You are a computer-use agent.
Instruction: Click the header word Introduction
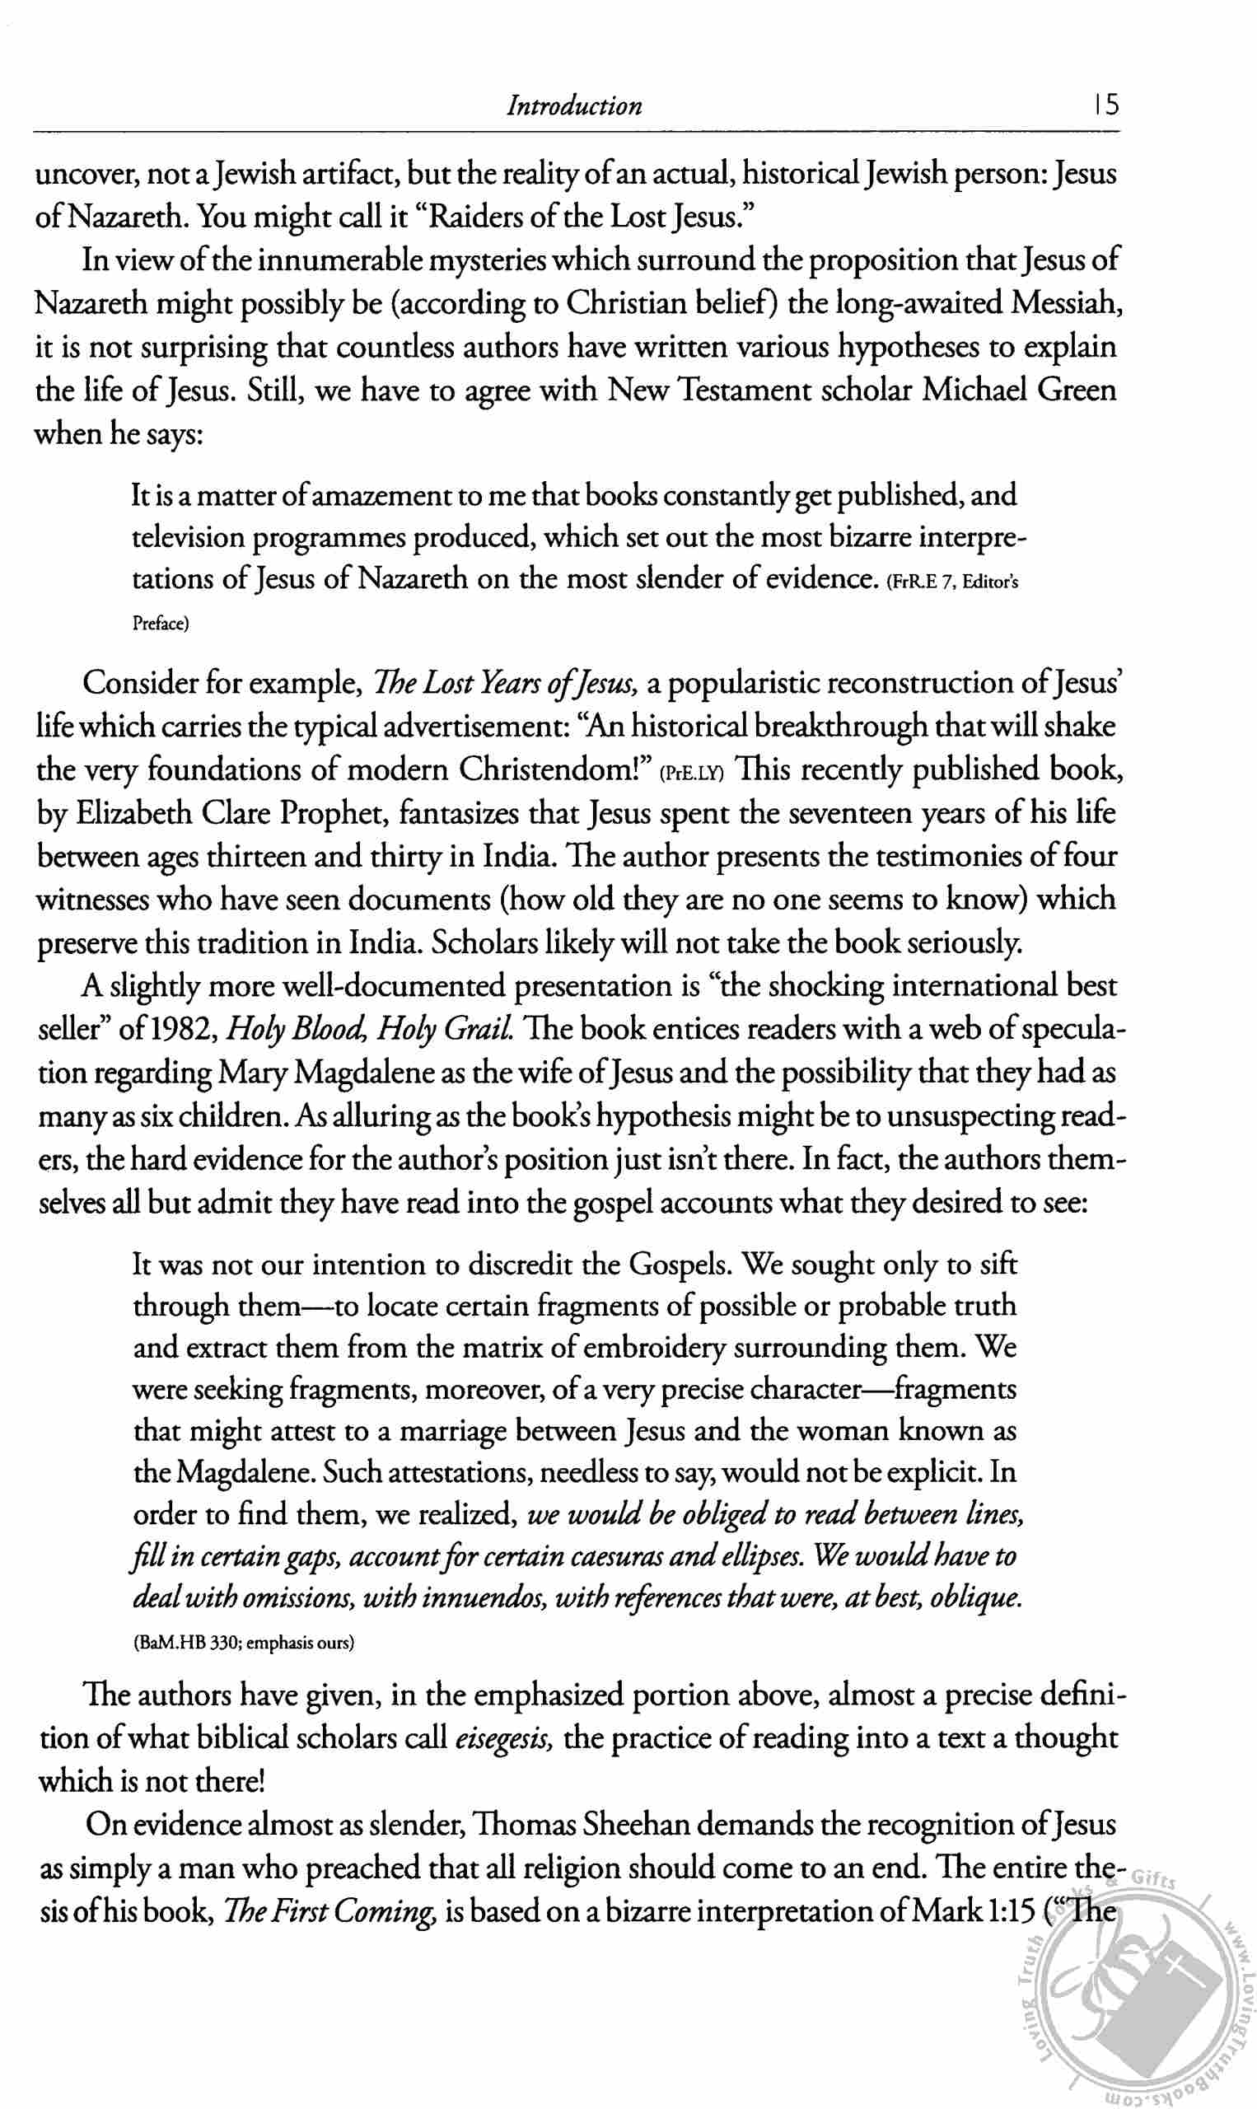coord(574,106)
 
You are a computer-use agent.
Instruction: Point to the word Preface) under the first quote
coord(161,624)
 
